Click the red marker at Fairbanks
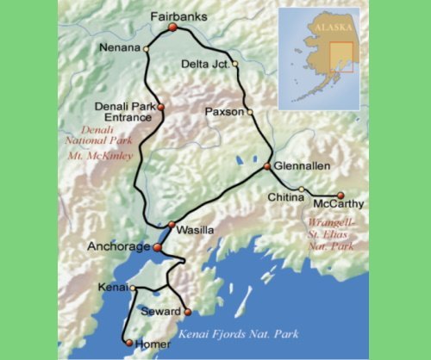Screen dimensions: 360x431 (x=172, y=28)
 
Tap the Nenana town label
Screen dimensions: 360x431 (x=118, y=47)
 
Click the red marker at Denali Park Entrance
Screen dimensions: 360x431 (x=160, y=108)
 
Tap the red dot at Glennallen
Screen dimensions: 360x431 (x=267, y=166)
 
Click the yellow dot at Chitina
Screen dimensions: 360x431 (x=301, y=189)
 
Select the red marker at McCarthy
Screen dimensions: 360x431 (x=340, y=196)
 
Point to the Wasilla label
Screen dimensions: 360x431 (x=194, y=231)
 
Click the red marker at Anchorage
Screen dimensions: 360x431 (x=157, y=247)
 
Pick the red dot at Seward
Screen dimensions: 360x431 (x=187, y=312)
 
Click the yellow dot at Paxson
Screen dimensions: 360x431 (x=250, y=112)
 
